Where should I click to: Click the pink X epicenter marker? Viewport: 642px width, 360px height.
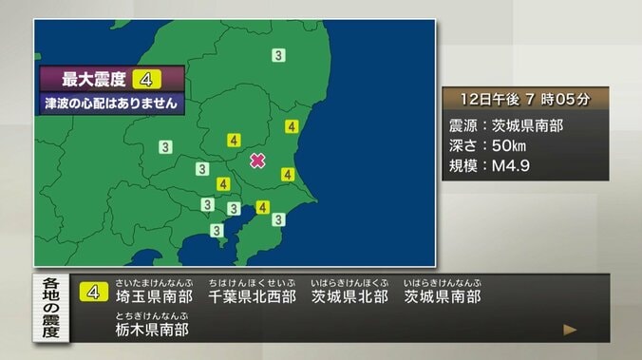[257, 161]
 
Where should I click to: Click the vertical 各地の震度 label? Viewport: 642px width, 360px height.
[51, 308]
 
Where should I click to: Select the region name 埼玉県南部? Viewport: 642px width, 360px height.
[154, 297]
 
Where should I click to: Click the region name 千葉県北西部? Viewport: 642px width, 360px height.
[251, 297]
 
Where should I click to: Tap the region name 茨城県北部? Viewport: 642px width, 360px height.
[349, 297]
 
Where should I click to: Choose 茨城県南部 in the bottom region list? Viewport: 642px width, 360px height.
[443, 297]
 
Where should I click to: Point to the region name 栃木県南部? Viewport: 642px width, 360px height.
[153, 330]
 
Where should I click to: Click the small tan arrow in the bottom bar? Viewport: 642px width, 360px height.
[570, 330]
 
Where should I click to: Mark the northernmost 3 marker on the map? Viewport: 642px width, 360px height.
[278, 55]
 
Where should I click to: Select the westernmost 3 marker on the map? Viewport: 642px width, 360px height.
[165, 146]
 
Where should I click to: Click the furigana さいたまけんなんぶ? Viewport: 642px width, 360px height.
[153, 282]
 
